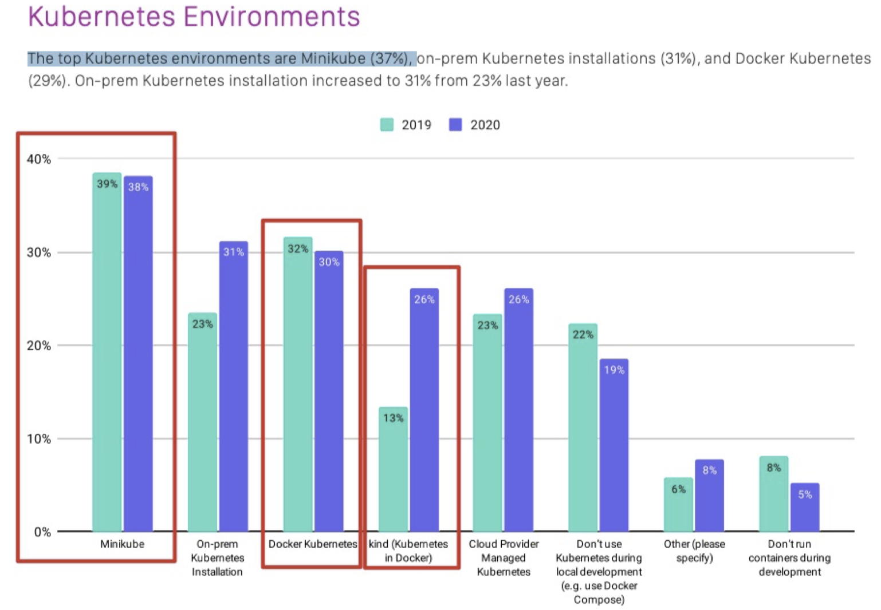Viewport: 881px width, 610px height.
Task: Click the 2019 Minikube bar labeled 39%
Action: tap(107, 352)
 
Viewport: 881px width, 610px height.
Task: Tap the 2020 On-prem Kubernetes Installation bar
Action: tap(233, 386)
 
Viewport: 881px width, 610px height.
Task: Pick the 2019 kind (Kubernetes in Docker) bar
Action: tap(393, 469)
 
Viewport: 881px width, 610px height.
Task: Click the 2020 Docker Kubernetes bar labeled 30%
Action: tap(329, 391)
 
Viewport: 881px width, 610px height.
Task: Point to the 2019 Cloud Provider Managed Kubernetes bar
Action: tap(487, 423)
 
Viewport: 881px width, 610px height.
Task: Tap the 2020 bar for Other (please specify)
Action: tap(709, 496)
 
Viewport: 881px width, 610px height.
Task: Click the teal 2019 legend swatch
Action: tap(387, 125)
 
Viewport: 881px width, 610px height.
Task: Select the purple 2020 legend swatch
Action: tap(455, 125)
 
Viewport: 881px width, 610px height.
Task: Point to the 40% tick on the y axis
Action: tap(38, 159)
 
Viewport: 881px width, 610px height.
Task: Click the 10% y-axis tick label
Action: tap(38, 439)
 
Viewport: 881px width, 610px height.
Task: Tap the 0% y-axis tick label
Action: tap(42, 532)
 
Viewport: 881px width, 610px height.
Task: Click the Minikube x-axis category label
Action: tap(122, 544)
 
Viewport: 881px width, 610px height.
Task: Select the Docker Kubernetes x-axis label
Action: tap(313, 544)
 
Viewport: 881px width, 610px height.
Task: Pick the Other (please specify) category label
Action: tap(694, 550)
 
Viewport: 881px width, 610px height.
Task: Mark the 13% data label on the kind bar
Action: tap(394, 418)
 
